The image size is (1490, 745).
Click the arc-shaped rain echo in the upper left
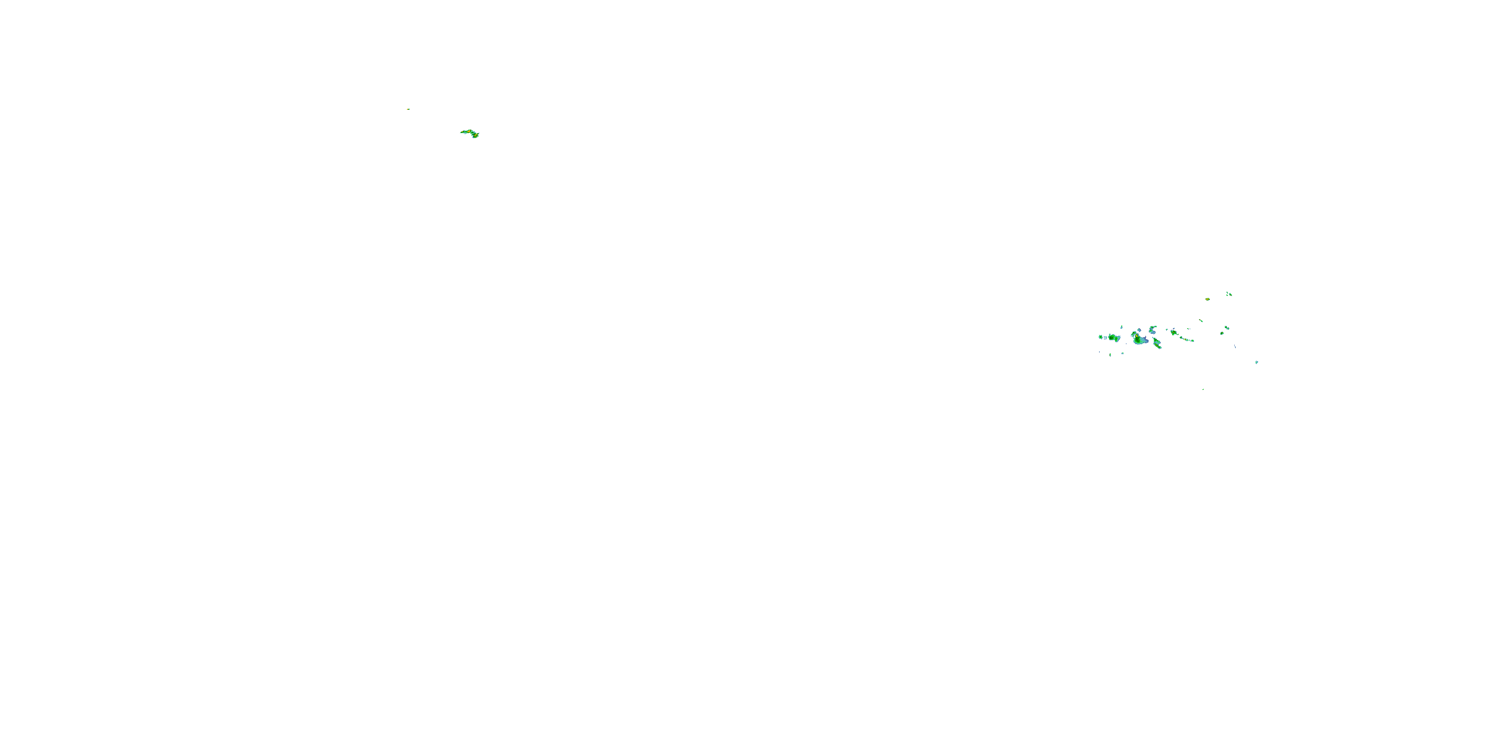[469, 133]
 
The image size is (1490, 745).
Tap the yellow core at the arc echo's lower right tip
[476, 136]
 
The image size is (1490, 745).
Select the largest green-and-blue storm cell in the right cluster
[1139, 341]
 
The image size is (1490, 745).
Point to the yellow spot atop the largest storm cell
[1136, 336]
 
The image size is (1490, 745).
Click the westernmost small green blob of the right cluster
[1101, 337]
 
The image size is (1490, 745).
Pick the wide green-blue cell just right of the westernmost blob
[1115, 338]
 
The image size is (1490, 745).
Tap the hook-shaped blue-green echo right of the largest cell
[1152, 331]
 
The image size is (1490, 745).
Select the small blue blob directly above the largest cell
[1139, 330]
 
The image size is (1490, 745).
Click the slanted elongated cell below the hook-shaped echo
[1157, 344]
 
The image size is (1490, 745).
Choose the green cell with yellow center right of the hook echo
[1174, 333]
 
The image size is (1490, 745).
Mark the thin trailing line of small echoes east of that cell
[1187, 340]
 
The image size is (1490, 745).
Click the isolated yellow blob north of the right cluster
[1208, 299]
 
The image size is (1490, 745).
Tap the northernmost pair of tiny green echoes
[1229, 295]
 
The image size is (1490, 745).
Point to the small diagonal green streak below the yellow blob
[1201, 321]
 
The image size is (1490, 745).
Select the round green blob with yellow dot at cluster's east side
[1222, 334]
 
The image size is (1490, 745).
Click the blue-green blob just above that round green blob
[1227, 328]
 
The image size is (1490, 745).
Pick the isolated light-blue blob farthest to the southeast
[1257, 363]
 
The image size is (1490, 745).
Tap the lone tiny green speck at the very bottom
[1203, 390]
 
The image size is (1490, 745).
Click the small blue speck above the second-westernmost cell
[1121, 327]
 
